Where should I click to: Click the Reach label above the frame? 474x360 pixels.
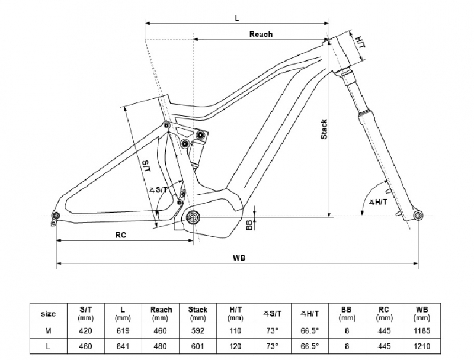pos(261,34)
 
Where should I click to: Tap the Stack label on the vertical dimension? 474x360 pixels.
pos(324,129)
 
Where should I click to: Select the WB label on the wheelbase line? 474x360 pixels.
pos(239,258)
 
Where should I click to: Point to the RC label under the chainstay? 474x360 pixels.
pos(121,235)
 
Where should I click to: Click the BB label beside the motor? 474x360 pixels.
pos(249,224)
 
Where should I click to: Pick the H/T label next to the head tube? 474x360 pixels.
pos(360,42)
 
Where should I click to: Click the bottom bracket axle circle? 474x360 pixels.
pos(193,217)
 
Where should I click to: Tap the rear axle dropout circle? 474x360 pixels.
pos(56,216)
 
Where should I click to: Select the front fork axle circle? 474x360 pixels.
pos(418,216)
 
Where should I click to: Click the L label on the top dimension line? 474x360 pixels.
pos(237,18)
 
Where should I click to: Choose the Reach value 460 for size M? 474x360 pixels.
pos(160,331)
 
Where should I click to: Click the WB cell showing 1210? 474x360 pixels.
pos(422,346)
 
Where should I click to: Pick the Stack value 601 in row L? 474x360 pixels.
pos(198,346)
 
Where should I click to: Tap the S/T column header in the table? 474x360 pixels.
pos(85,313)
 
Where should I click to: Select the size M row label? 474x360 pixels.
pos(48,331)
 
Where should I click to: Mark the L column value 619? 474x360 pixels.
pos(123,331)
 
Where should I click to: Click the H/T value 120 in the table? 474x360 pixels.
pos(235,346)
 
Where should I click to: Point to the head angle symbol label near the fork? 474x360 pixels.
pos(377,202)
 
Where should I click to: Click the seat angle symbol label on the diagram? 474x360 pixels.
pos(158,189)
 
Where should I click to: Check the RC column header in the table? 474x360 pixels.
pos(384,313)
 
